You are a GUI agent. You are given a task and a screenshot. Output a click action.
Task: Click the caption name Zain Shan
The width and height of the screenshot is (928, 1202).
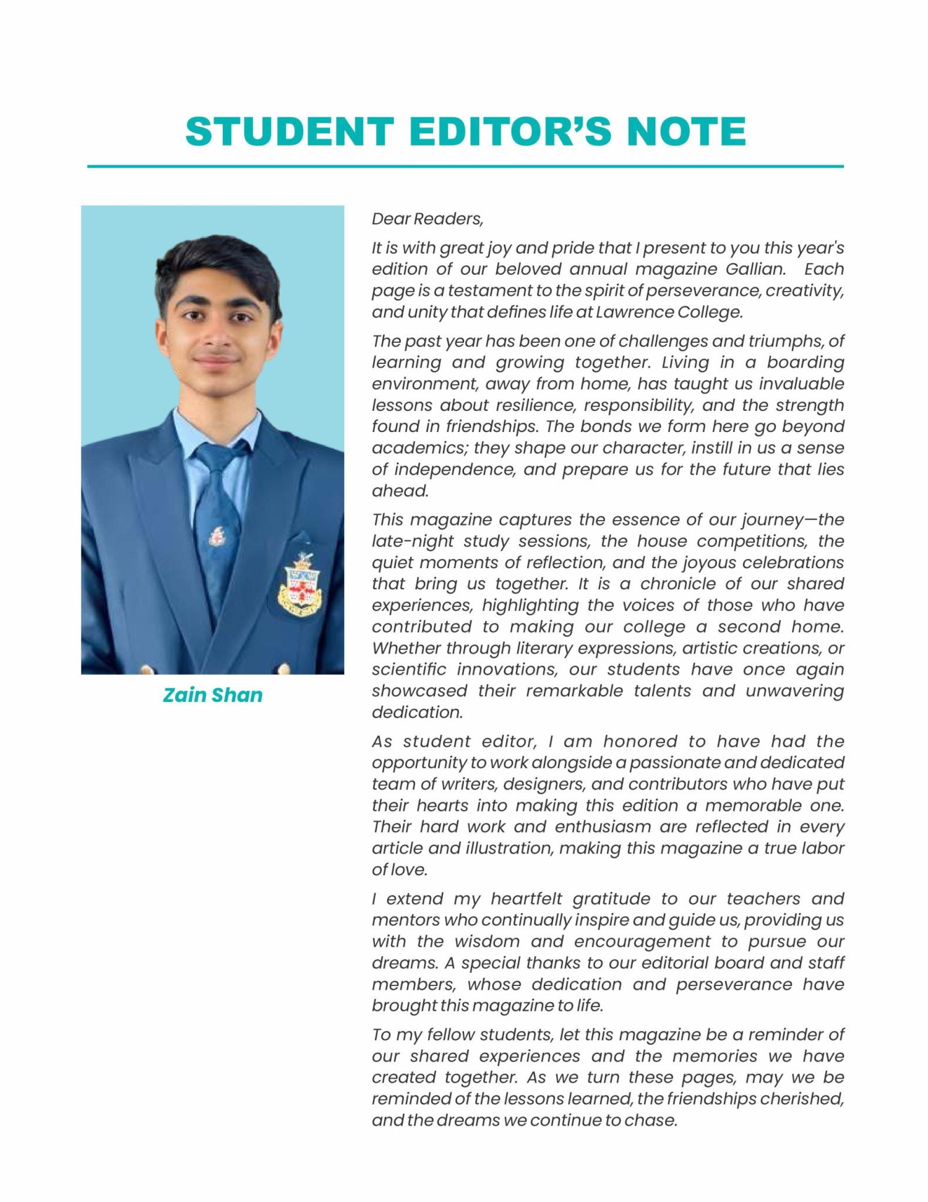coord(212,695)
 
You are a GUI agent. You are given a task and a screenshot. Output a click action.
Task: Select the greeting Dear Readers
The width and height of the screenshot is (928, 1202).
coord(428,219)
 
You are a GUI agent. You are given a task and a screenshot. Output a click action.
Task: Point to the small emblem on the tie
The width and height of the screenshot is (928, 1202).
coord(216,536)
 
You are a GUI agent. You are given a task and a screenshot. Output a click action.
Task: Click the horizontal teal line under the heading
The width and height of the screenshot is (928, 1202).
coord(465,167)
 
